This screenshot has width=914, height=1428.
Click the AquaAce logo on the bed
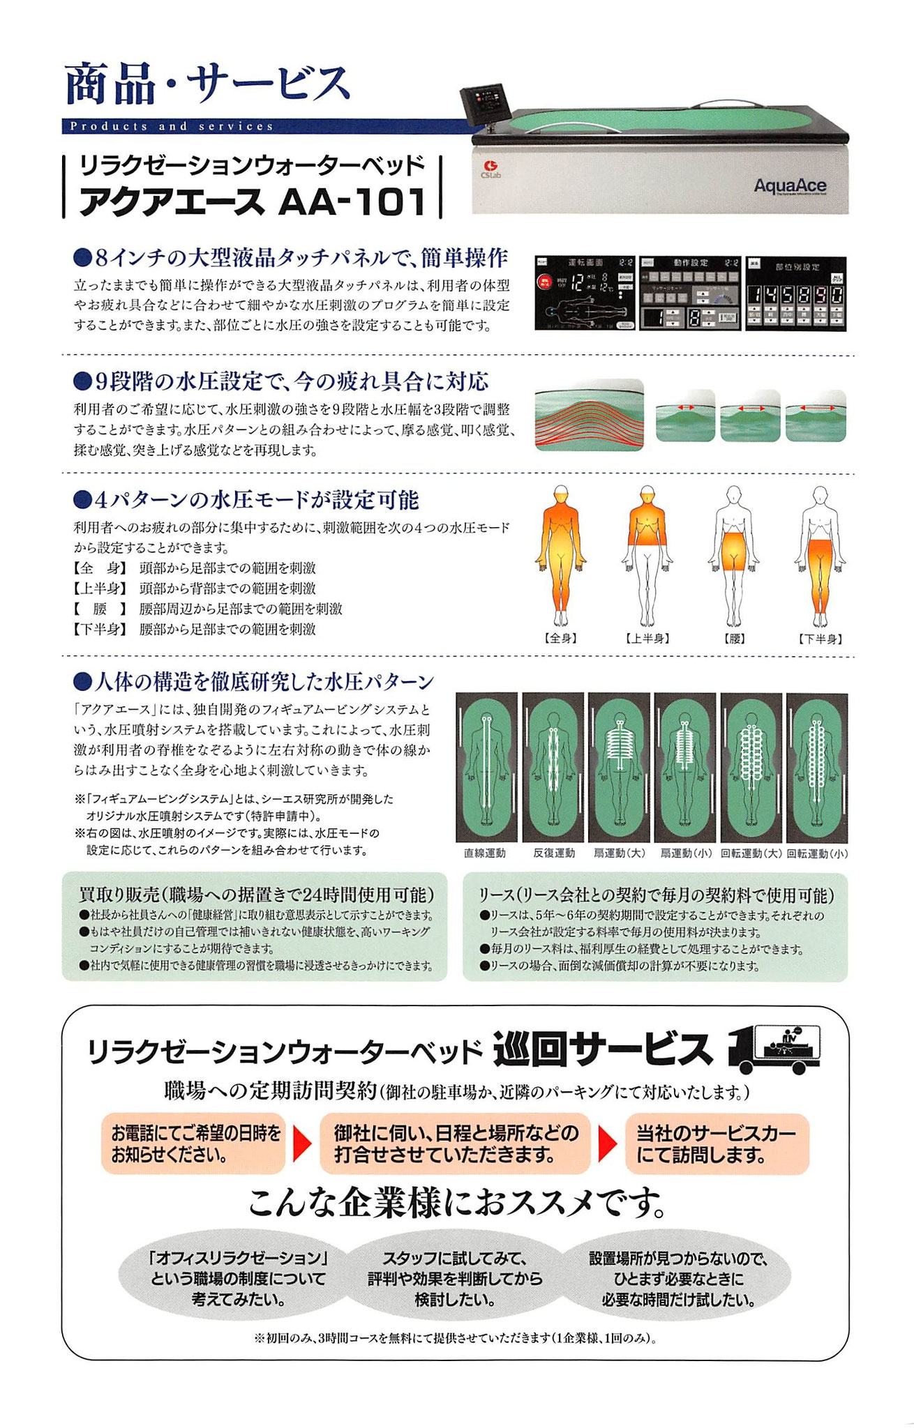point(790,185)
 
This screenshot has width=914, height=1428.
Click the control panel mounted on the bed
point(486,105)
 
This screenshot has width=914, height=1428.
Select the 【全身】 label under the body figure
point(560,638)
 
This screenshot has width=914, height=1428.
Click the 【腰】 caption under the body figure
point(733,638)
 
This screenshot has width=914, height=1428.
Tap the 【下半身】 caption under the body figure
point(819,638)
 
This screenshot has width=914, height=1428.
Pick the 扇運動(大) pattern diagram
point(618,767)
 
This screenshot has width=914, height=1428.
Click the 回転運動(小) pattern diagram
point(817,767)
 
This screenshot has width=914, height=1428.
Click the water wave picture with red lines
point(589,415)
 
